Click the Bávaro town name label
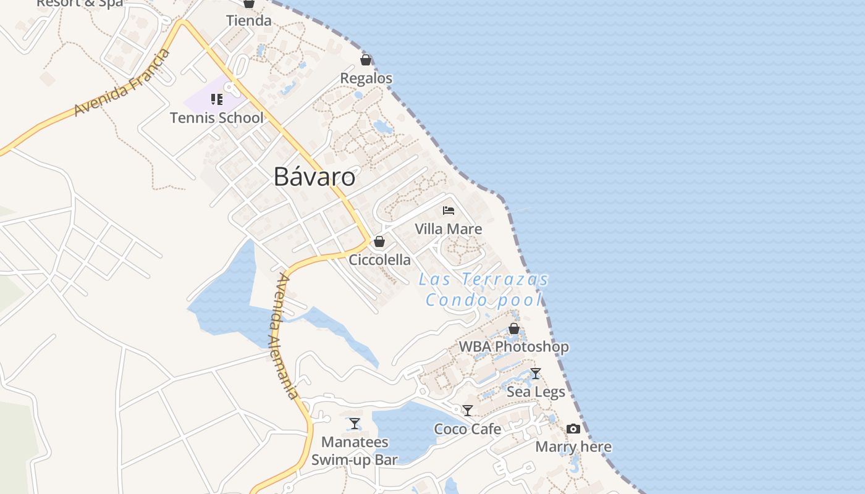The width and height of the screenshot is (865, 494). [x=314, y=177]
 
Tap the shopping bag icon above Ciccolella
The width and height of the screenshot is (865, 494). [x=379, y=241]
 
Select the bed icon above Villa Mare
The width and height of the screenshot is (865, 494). [x=449, y=211]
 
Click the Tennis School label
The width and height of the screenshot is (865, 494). [x=216, y=118]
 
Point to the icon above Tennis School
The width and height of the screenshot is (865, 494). [x=216, y=99]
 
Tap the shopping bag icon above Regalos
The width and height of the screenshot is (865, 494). [x=366, y=60]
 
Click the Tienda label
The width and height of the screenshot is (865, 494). [x=249, y=21]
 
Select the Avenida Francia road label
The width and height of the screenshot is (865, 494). [x=122, y=83]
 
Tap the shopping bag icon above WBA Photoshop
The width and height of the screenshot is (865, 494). [x=513, y=329]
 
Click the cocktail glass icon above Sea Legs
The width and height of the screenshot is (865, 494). [x=536, y=374]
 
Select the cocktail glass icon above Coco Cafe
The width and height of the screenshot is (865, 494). [x=468, y=411]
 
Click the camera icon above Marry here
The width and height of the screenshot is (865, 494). [x=573, y=429]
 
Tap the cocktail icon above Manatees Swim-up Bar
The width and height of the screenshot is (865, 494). [x=355, y=424]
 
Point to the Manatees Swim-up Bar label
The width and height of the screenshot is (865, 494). [x=355, y=451]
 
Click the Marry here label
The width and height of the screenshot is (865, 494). [x=573, y=446]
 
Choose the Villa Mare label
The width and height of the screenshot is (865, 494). [x=449, y=229]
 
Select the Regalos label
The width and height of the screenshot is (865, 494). [x=366, y=78]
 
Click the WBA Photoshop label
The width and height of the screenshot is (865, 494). [x=513, y=347]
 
